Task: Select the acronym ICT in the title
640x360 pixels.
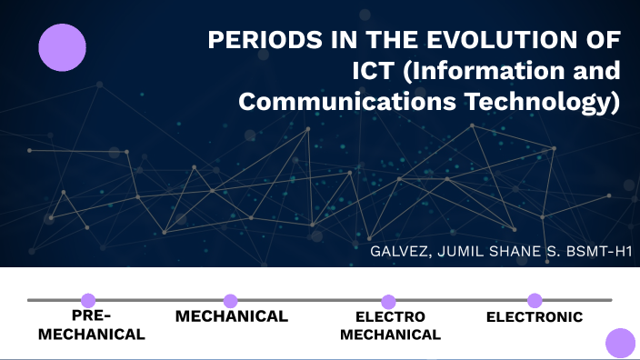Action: (375, 72)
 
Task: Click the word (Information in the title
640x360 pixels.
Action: (483, 72)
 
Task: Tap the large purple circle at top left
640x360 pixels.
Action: (62, 47)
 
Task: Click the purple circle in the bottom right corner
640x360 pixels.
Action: (620, 343)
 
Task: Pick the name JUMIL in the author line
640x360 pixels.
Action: (470, 250)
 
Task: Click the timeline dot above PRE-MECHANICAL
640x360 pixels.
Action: (88, 300)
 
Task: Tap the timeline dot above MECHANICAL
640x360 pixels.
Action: (231, 300)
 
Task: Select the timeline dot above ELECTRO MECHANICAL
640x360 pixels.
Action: (388, 301)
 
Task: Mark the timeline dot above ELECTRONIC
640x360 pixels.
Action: (535, 300)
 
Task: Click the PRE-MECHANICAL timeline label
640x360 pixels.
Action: (91, 325)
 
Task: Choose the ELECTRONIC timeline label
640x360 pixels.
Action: (535, 317)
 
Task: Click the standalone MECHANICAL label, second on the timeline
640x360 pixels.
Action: (231, 316)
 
